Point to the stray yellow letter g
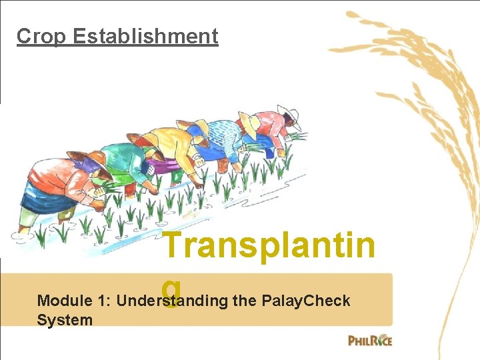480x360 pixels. coord(171,291)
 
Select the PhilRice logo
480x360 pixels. coord(370,340)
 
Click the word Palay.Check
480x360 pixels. coord(307,301)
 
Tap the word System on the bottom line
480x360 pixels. coord(65,320)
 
